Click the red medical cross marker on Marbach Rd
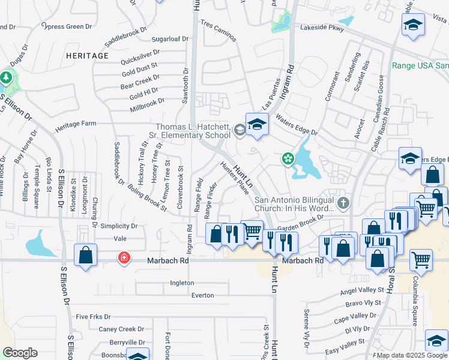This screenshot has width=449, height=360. point(124,258)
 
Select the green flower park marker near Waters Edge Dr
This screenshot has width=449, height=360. point(288,158)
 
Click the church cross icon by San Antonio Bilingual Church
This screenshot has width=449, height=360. point(343,203)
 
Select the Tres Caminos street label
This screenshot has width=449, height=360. point(218,32)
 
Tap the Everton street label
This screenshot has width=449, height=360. point(202,295)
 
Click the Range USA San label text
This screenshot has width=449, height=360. point(420,65)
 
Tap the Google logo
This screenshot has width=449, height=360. point(20,353)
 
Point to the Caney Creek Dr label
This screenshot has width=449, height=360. point(121,329)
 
